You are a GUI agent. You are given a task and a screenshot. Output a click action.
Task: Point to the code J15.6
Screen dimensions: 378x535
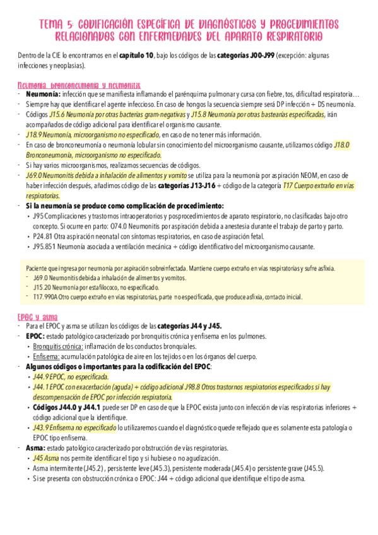click(56, 115)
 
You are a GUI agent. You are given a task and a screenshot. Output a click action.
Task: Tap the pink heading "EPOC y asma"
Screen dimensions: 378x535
click(35, 316)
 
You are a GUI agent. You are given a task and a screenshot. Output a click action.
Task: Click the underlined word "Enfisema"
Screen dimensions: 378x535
click(47, 356)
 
